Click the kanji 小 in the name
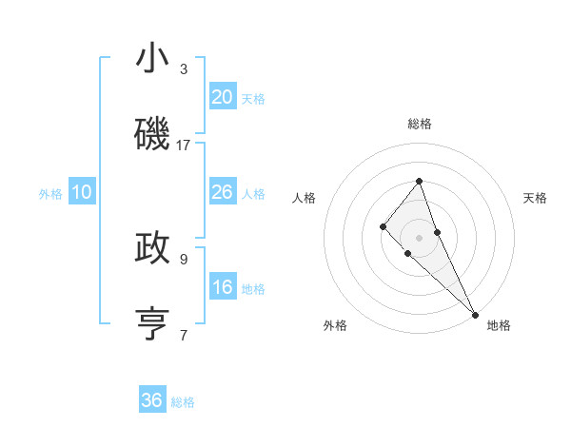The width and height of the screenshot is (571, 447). coord(152,60)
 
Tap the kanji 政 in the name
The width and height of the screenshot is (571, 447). coord(152,247)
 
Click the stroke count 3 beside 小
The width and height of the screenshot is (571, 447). coord(184,69)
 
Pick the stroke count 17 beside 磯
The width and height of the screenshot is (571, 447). coord(184,145)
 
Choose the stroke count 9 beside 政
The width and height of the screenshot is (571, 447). coord(184,258)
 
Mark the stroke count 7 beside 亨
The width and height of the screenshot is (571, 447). coord(184,335)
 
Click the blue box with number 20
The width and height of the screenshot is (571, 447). coord(223,97)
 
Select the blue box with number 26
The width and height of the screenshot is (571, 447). coord(223,192)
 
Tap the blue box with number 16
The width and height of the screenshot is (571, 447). coord(223,287)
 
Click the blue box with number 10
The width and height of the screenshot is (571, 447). coord(82,192)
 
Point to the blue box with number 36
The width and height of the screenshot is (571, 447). coord(152,400)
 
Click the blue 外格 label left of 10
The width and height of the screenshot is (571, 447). coord(50,194)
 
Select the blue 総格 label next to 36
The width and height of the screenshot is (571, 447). coord(183,402)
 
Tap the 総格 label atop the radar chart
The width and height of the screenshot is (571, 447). coord(419,124)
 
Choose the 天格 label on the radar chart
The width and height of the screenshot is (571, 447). coord(535,198)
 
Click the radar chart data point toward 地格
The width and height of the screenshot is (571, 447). coord(475,313)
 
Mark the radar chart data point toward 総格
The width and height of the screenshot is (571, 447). coord(419,181)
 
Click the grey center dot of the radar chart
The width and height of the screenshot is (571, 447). coord(419,238)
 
